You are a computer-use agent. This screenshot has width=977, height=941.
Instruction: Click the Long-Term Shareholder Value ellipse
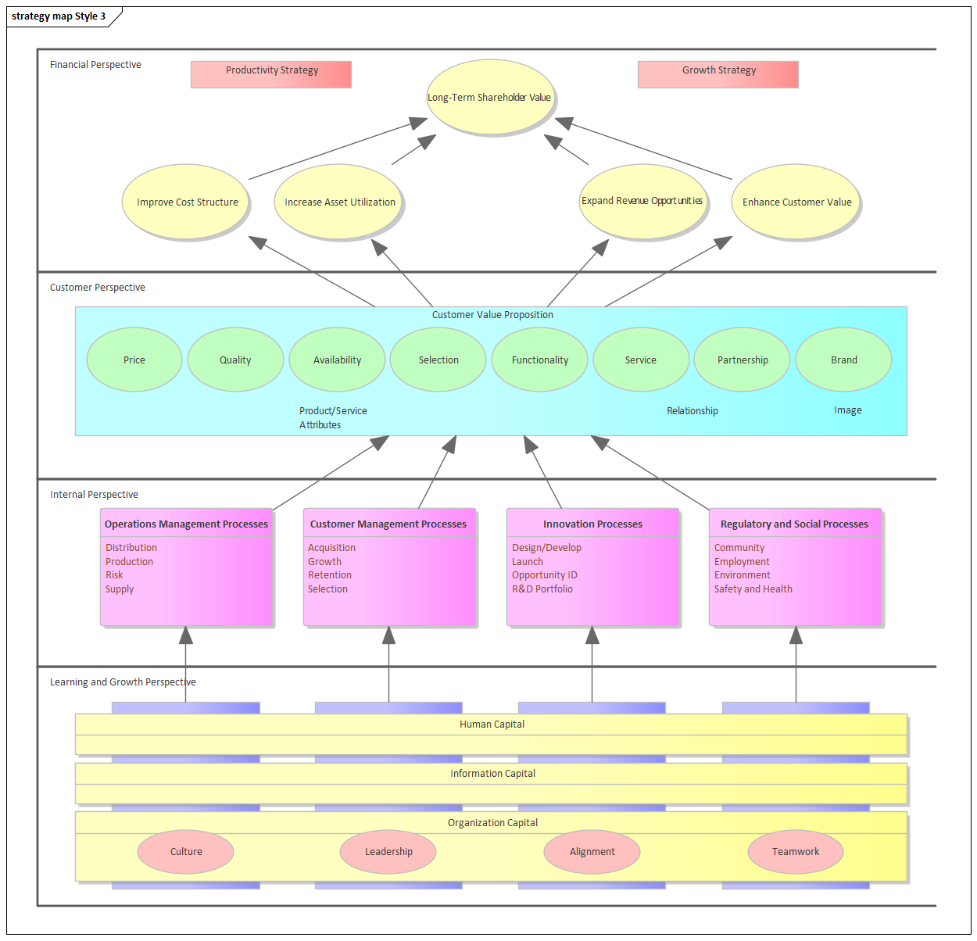tap(490, 97)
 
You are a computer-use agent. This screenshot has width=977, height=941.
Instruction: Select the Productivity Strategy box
tap(271, 74)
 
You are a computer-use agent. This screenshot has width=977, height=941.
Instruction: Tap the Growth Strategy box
tap(718, 74)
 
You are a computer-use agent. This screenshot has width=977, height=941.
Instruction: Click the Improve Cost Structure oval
tap(187, 202)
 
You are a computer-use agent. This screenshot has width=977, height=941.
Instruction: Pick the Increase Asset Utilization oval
tap(339, 202)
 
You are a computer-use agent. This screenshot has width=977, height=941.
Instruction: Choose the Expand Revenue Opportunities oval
tap(642, 201)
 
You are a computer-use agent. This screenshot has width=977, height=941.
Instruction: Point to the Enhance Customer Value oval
tap(796, 202)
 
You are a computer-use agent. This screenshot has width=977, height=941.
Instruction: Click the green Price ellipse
tap(134, 360)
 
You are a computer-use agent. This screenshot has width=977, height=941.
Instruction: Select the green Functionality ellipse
tap(539, 360)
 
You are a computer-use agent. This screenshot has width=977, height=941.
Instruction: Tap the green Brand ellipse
tap(843, 360)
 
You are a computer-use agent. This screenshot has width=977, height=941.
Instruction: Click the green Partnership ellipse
tap(743, 360)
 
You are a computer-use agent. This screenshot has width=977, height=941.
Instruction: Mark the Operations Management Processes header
tap(186, 524)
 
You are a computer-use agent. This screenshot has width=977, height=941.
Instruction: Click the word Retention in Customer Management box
tap(330, 575)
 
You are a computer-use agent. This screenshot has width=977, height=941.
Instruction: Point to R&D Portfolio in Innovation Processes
tap(542, 589)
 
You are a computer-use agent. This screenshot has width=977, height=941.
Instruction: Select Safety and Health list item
tap(753, 589)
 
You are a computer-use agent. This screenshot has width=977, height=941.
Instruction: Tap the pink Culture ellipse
tap(186, 851)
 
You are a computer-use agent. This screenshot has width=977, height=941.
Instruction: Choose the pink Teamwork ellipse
tap(796, 851)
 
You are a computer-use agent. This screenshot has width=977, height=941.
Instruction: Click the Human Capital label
tap(492, 725)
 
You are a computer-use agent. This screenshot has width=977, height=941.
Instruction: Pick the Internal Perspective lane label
tap(94, 495)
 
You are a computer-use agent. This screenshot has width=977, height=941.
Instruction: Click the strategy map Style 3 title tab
tap(59, 16)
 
